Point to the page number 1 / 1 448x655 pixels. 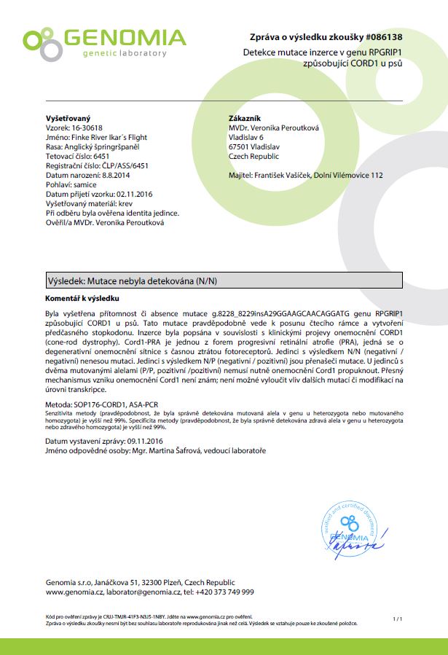pos(397,619)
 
